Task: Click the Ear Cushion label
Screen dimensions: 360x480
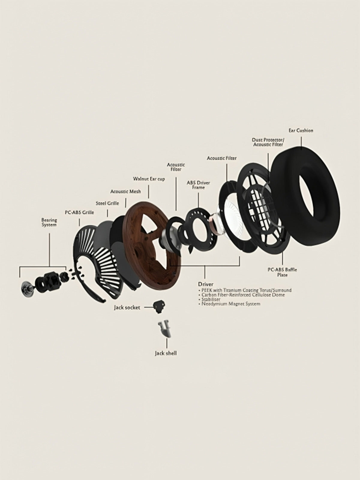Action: pos(301,130)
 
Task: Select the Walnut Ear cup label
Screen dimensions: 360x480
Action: pos(149,179)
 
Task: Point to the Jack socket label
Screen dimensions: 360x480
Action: pos(127,307)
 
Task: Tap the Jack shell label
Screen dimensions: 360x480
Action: pos(166,359)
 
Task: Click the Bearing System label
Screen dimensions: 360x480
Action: pos(49,222)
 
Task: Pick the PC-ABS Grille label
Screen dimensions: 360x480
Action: pos(79,212)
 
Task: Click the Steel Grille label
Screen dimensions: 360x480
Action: pos(107,203)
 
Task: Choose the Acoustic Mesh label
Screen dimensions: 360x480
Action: pos(125,191)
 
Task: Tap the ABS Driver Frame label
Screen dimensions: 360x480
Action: pos(198,185)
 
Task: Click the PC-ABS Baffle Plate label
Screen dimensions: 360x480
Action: pos(282,272)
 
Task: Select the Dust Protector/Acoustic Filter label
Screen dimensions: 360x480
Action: pos(268,142)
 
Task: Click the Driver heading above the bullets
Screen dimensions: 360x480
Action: pos(206,284)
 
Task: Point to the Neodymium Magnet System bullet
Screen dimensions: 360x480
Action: pos(229,304)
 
